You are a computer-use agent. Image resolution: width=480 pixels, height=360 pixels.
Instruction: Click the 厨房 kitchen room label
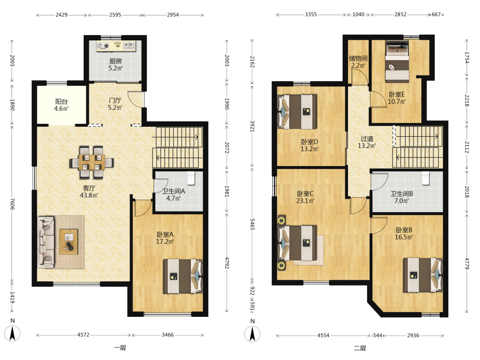pyautogui.click(x=116, y=61)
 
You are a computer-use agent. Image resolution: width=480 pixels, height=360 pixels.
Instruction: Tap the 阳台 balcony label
pyautogui.click(x=61, y=101)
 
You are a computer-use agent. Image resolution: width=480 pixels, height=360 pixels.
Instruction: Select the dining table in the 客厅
pyautogui.click(x=92, y=162)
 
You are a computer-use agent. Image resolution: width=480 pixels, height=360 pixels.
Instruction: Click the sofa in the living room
pyautogui.click(x=46, y=242)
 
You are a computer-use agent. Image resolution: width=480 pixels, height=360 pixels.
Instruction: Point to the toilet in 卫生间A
pyautogui.click(x=192, y=178)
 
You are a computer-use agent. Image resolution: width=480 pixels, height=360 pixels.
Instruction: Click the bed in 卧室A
pyautogui.click(x=183, y=276)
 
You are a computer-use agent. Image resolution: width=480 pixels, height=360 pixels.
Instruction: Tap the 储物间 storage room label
pyautogui.click(x=358, y=58)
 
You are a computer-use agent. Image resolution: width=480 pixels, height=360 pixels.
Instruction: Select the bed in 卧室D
pyautogui.click(x=297, y=112)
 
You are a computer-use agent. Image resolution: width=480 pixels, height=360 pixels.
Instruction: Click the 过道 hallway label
pyautogui.click(x=367, y=139)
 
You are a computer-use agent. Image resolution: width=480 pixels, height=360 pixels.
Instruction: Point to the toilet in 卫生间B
pyautogui.click(x=426, y=178)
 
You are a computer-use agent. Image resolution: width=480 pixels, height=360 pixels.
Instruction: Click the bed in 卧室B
pyautogui.click(x=423, y=275)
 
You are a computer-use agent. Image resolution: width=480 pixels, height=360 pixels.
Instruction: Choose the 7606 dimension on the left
pyautogui.click(x=12, y=204)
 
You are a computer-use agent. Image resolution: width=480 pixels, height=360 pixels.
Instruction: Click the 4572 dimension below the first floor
pyautogui.click(x=83, y=335)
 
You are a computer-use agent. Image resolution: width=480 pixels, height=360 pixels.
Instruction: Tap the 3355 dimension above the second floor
pyautogui.click(x=311, y=14)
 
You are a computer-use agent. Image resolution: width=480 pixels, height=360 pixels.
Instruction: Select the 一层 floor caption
pyautogui.click(x=120, y=348)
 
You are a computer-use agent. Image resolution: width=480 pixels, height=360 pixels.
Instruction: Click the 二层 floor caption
pyautogui.click(x=360, y=348)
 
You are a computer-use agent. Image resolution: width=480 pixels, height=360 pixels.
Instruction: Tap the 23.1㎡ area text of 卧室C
pyautogui.click(x=305, y=201)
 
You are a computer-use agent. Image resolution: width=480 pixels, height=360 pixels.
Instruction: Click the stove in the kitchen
pyautogui.click(x=103, y=46)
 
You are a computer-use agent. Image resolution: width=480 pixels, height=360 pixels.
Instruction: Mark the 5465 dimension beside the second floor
pyautogui.click(x=252, y=224)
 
